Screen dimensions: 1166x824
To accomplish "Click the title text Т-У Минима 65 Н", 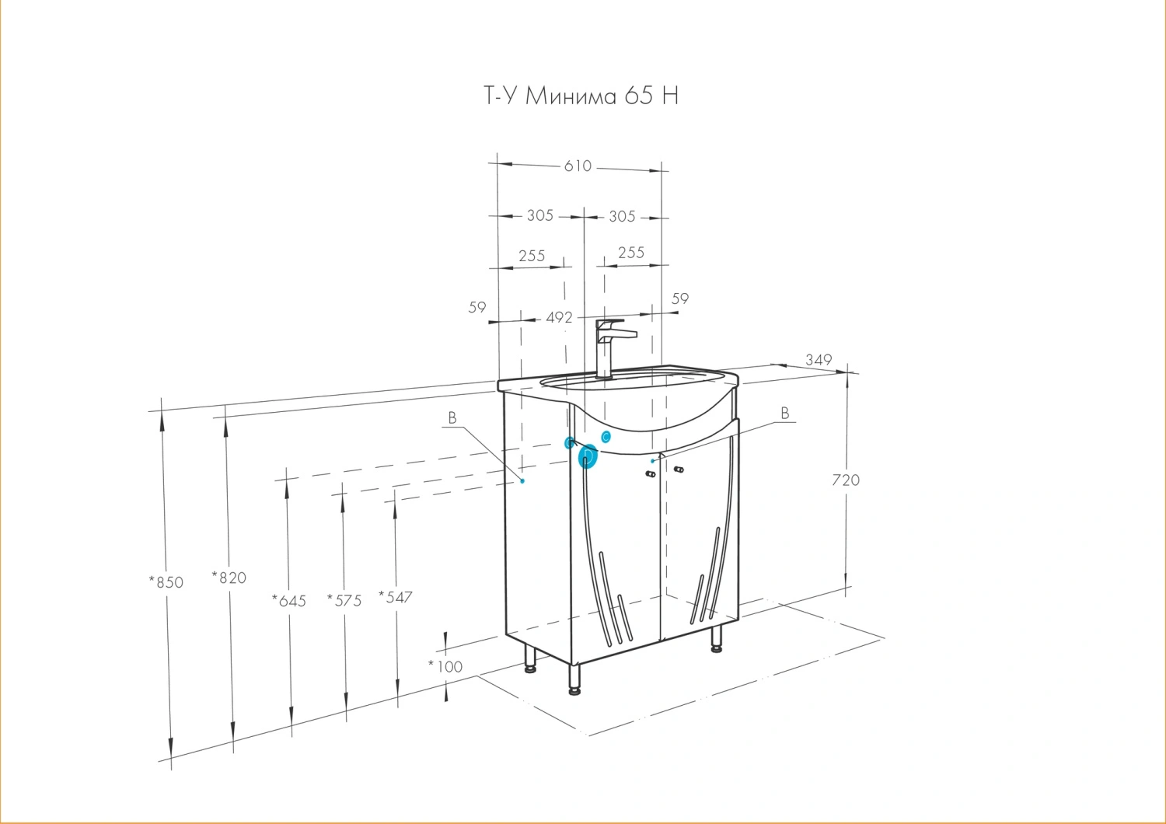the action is click(x=581, y=96).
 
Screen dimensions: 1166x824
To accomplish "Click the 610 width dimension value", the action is click(x=578, y=166).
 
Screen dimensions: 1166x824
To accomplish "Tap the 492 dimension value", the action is click(x=559, y=317).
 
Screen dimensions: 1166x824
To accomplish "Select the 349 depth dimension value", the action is click(x=819, y=360).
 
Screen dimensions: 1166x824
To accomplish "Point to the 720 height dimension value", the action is click(x=846, y=480).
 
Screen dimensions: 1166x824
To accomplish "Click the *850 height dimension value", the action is click(x=166, y=582).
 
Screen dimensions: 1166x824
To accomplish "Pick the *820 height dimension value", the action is click(x=229, y=578).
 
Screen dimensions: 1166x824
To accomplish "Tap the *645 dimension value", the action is click(x=289, y=601).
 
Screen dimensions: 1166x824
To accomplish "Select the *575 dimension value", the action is click(x=344, y=601).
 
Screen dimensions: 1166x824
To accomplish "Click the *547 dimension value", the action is click(x=395, y=597).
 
